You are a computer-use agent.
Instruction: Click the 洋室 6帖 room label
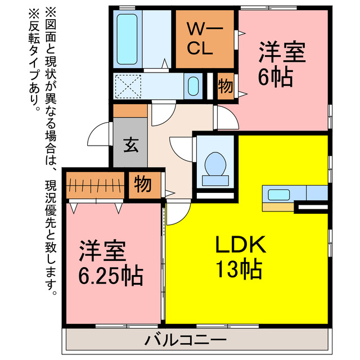click(x=282, y=65)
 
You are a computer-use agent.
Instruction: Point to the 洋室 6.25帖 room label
click(x=110, y=264)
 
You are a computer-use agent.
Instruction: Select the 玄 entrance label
click(x=130, y=145)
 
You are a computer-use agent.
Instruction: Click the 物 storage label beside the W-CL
click(x=225, y=87)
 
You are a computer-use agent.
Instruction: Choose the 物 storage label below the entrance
click(x=143, y=184)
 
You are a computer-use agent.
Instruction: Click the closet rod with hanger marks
click(x=95, y=184)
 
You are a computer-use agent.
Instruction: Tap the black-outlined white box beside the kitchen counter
click(x=312, y=209)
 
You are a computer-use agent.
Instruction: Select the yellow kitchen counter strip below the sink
click(x=278, y=207)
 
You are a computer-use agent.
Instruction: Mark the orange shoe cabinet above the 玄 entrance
click(x=130, y=111)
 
